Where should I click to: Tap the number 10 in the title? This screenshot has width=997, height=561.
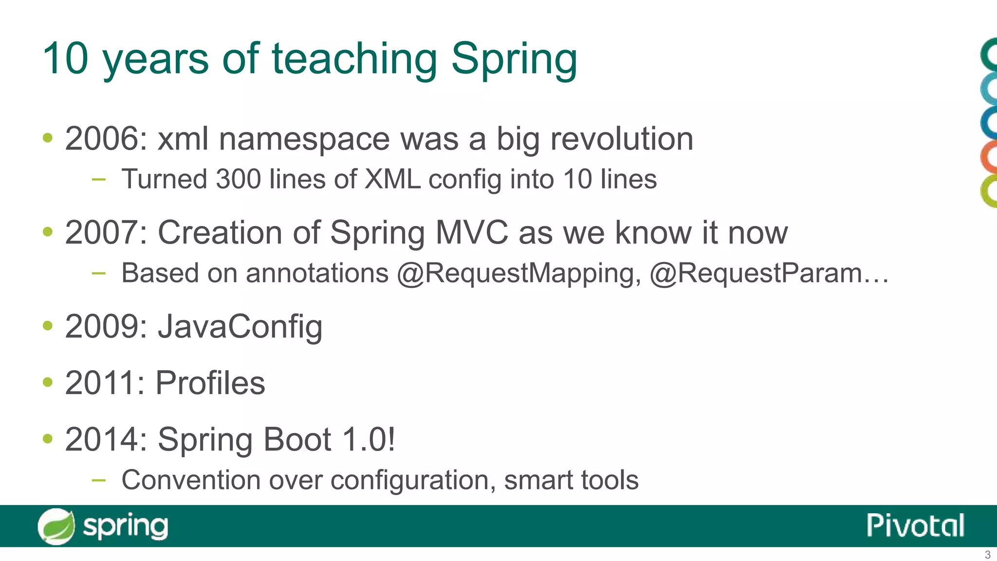[x=65, y=58]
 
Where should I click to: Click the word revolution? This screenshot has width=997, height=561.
[x=621, y=139]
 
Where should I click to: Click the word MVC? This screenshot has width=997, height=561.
[x=471, y=233]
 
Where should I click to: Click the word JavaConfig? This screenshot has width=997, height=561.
[x=240, y=327]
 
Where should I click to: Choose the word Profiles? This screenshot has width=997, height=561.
[x=210, y=383]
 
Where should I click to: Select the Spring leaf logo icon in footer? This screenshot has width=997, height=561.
[x=56, y=526]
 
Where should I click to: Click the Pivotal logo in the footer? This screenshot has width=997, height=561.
[x=915, y=526]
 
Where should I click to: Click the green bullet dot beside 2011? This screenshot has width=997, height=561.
[x=47, y=382]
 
